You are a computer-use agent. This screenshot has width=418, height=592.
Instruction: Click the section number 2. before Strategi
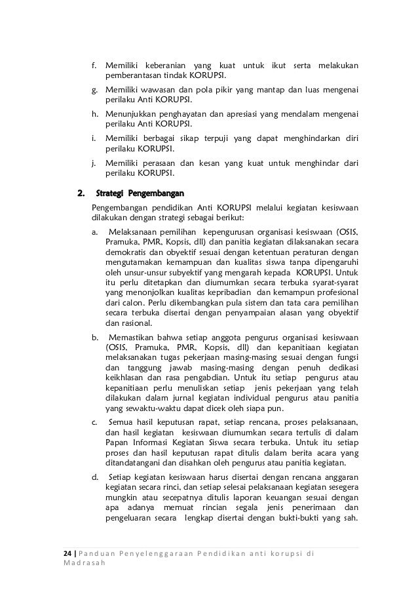pos(82,193)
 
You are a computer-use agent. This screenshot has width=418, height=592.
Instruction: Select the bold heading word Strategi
pos(109,193)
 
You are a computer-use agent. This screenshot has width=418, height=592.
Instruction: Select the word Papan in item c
pos(117,443)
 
